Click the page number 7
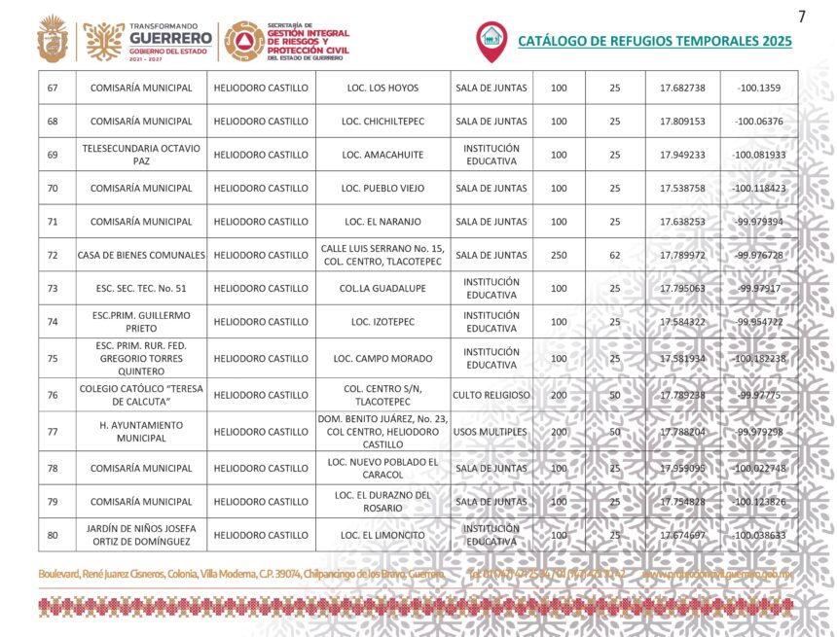click(x=802, y=17)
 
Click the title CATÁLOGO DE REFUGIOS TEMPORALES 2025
click(x=654, y=42)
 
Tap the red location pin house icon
click(x=491, y=40)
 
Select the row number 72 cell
click(x=53, y=255)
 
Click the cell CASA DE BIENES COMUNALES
click(x=141, y=255)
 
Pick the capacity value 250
click(x=559, y=255)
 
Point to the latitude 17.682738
click(x=682, y=88)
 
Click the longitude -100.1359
click(x=759, y=88)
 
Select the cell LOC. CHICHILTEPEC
click(x=382, y=122)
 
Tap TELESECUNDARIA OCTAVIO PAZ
click(x=141, y=155)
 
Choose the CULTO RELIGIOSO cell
click(x=491, y=395)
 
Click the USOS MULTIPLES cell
click(x=491, y=431)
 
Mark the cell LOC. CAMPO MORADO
click(x=382, y=358)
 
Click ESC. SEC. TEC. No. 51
click(x=141, y=288)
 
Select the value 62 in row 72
click(x=614, y=255)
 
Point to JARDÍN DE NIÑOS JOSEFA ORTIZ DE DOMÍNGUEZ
click(x=141, y=535)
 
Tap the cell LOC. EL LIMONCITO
click(x=382, y=535)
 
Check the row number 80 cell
click(x=53, y=535)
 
